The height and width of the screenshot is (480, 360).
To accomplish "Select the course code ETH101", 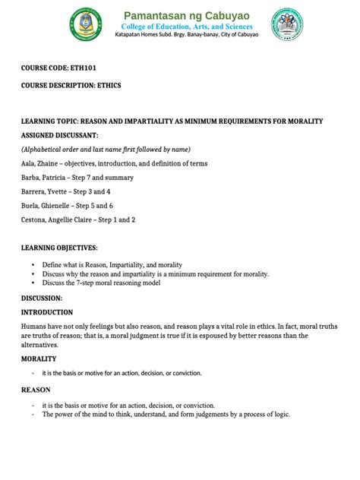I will coord(86,68).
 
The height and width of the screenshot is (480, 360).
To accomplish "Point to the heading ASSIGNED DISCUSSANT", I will coord(61,134).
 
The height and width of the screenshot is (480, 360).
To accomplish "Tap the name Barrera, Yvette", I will coord(47,191).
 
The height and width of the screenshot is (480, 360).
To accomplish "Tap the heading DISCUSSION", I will coord(41,298).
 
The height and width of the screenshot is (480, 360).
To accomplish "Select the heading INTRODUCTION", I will coord(47,312).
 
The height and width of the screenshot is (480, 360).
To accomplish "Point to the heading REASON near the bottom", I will coord(36,390).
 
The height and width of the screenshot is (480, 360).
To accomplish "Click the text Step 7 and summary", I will coord(103,178).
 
